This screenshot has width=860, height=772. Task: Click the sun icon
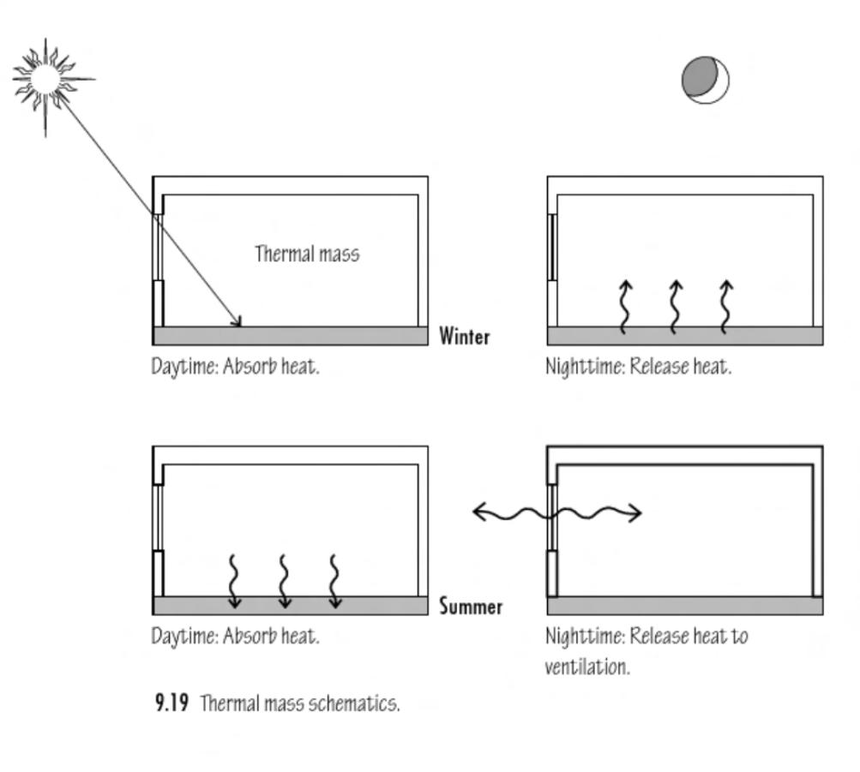(x=45, y=80)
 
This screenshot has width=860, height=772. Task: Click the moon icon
(x=706, y=81)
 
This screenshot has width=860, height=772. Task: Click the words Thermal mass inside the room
(x=307, y=254)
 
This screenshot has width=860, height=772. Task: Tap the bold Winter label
(x=465, y=336)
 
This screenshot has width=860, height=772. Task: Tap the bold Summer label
(x=471, y=607)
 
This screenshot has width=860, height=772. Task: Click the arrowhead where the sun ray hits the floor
(x=238, y=322)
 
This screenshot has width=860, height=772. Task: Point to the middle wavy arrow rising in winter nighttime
(x=675, y=306)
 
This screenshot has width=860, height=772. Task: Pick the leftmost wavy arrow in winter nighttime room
(x=624, y=306)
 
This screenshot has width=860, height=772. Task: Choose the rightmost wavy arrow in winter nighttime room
(x=725, y=306)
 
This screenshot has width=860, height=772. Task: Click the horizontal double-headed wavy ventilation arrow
(x=557, y=513)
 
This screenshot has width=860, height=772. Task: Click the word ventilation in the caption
(x=586, y=667)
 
